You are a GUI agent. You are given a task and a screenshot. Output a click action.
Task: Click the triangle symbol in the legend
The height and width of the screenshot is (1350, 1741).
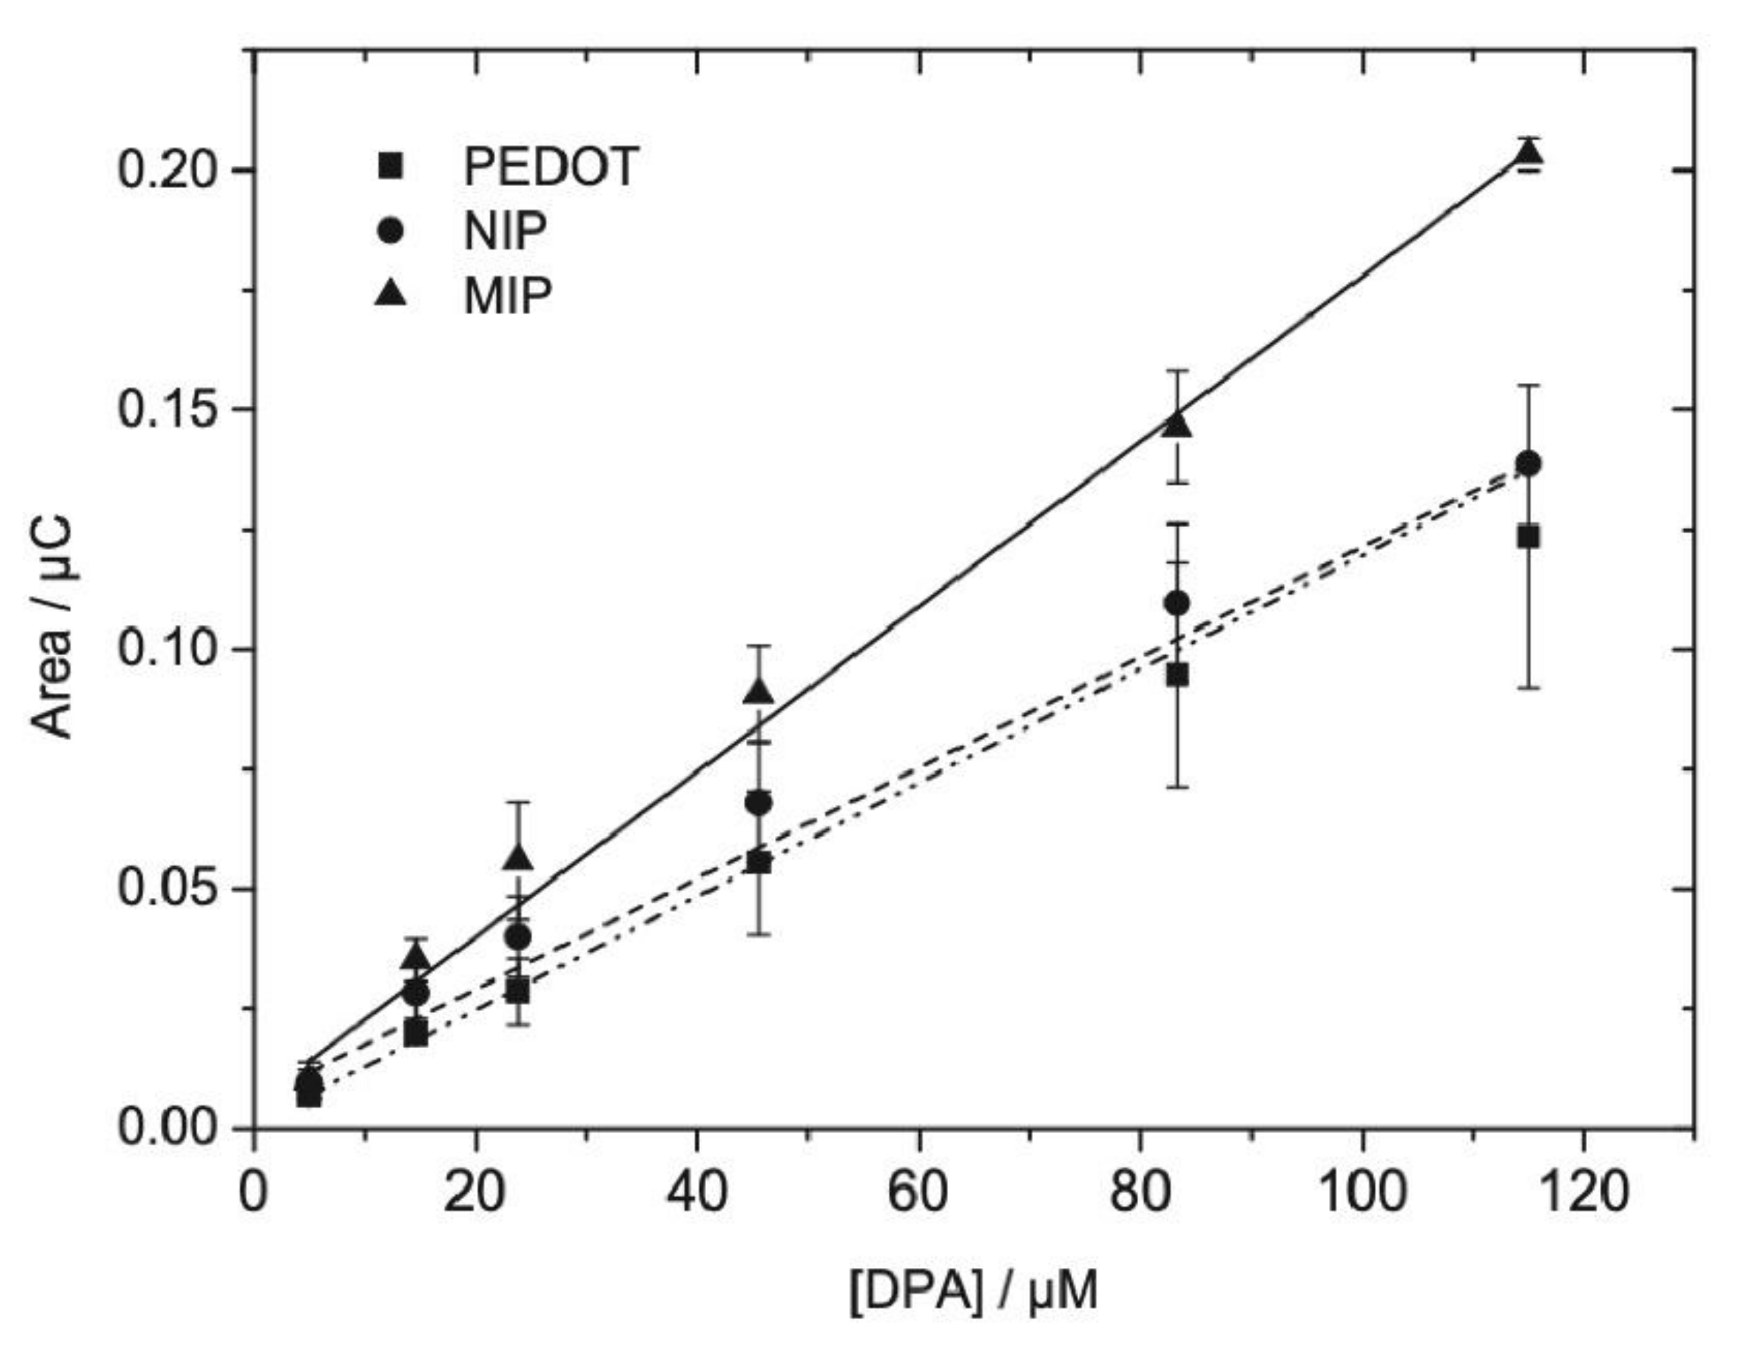point(391,295)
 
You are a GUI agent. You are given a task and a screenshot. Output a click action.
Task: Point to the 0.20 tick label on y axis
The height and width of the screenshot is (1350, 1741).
point(168,170)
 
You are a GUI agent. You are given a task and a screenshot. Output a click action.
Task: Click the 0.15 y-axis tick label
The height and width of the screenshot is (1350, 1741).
point(168,409)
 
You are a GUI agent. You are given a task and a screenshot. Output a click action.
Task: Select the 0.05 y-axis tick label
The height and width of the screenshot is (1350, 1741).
point(168,888)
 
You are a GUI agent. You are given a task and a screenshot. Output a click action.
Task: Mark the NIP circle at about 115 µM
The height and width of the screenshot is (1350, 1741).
point(1528,464)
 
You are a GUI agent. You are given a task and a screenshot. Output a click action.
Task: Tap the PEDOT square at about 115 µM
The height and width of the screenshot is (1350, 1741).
point(1528,537)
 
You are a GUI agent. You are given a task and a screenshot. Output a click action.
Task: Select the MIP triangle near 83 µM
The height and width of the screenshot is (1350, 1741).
point(1178,425)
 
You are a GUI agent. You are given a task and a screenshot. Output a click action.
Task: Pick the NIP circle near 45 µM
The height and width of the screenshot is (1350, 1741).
point(758,803)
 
